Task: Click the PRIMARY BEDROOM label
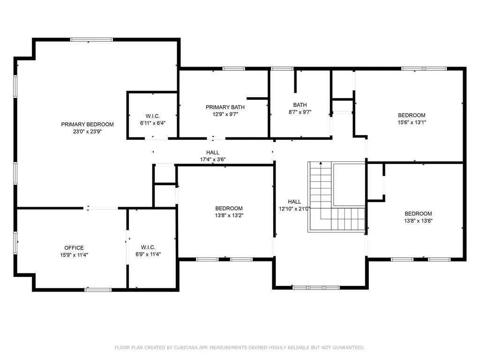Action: tap(87, 124)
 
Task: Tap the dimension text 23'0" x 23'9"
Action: tap(87, 132)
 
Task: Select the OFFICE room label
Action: tap(74, 248)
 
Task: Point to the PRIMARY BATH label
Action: tap(225, 107)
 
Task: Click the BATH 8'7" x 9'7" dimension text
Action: tap(300, 112)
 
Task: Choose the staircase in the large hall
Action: tap(336, 197)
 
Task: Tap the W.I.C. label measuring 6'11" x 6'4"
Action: tap(153, 116)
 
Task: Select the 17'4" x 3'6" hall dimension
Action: tap(213, 159)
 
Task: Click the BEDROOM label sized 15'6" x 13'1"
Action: tap(412, 115)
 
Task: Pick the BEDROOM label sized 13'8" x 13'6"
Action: tap(418, 213)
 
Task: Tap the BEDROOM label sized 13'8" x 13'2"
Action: tap(229, 209)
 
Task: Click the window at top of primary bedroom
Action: tap(98, 40)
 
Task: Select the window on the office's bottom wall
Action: tap(98, 290)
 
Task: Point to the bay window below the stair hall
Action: tap(315, 287)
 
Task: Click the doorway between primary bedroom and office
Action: tap(101, 208)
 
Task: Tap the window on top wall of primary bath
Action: tap(233, 69)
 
